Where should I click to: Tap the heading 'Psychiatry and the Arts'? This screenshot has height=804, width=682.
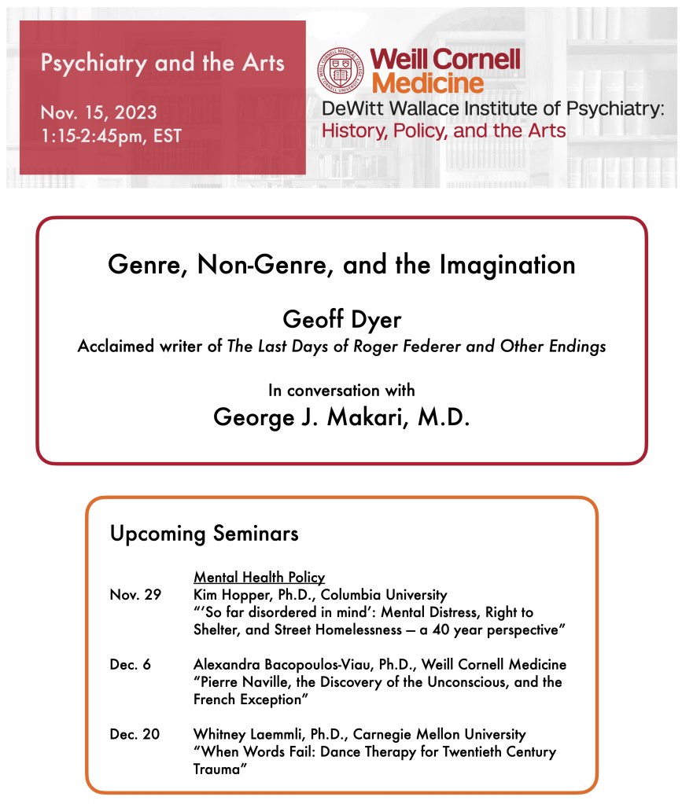pyautogui.click(x=163, y=63)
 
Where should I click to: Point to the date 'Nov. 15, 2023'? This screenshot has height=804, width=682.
pyautogui.click(x=98, y=111)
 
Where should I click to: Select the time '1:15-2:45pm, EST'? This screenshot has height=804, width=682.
pyautogui.click(x=111, y=135)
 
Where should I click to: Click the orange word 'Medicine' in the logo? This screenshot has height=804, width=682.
pyautogui.click(x=428, y=82)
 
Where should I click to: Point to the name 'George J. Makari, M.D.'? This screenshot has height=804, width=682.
pyautogui.click(x=341, y=417)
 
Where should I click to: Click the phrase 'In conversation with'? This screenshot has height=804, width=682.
pyautogui.click(x=341, y=390)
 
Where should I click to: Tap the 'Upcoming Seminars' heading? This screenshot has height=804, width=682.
pyautogui.click(x=204, y=534)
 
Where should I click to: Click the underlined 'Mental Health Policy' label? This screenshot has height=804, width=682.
pyautogui.click(x=259, y=578)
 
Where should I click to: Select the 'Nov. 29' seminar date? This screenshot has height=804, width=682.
pyautogui.click(x=135, y=595)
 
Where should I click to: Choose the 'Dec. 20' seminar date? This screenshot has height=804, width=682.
pyautogui.click(x=135, y=734)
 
